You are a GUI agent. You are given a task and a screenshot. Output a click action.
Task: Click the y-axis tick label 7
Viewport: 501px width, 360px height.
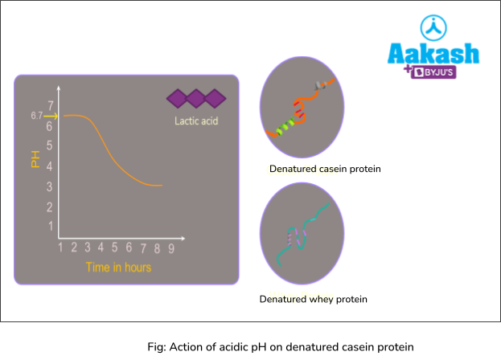(51, 105)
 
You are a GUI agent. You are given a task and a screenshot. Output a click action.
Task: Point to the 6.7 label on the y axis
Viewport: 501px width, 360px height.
(36, 117)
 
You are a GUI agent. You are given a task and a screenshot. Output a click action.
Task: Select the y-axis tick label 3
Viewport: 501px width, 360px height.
(50, 186)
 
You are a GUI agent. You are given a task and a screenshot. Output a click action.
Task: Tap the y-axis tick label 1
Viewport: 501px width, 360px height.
(51, 226)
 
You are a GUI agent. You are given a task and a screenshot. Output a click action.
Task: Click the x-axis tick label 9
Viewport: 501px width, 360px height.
(171, 248)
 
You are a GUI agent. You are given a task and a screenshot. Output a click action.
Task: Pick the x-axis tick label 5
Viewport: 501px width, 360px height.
(115, 248)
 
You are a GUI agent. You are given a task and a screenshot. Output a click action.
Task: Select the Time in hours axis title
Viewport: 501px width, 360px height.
(118, 267)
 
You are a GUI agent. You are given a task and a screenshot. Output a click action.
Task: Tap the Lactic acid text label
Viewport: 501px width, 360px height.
(196, 122)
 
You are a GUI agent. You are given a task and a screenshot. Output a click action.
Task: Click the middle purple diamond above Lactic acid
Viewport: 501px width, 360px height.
(196, 99)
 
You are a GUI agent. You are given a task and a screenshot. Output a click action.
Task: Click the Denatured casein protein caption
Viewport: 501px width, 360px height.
(325, 170)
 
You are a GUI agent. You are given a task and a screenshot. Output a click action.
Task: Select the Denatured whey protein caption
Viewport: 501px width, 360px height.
(313, 299)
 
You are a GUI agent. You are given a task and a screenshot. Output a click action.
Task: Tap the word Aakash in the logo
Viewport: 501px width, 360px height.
(433, 54)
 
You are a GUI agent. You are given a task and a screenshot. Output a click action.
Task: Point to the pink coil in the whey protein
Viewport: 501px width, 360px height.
(292, 235)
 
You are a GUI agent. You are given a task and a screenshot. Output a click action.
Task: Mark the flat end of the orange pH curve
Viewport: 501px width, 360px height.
(159, 186)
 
